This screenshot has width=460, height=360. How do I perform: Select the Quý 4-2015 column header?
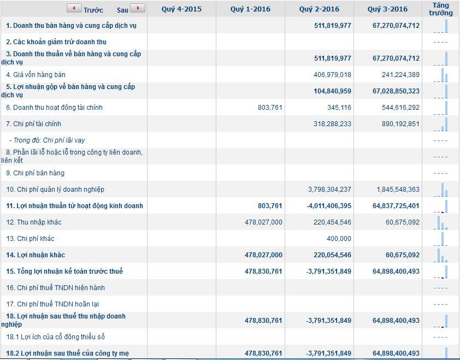(181, 9)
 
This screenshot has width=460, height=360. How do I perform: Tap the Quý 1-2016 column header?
(250, 9)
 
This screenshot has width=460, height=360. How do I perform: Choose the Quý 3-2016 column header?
(387, 9)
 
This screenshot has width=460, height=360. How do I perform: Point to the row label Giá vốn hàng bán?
(36, 75)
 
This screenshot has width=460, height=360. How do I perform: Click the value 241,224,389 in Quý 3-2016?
(400, 75)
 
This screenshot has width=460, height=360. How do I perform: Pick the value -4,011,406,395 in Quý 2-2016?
(328, 206)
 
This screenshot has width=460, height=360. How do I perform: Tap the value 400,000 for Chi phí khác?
(339, 239)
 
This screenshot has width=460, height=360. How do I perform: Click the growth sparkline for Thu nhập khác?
(441, 222)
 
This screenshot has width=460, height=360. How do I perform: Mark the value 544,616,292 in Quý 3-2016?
(400, 108)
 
